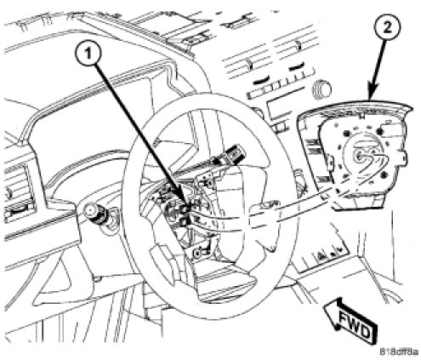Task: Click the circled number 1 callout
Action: tap(88, 53)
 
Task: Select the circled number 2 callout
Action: tap(387, 27)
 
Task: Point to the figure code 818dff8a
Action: tap(399, 352)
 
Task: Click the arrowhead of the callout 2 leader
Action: tap(372, 94)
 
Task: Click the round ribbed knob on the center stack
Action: tap(322, 89)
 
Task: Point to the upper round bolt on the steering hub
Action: tap(209, 183)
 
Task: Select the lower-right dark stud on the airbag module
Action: tap(384, 174)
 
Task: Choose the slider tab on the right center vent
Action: tap(298, 44)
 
